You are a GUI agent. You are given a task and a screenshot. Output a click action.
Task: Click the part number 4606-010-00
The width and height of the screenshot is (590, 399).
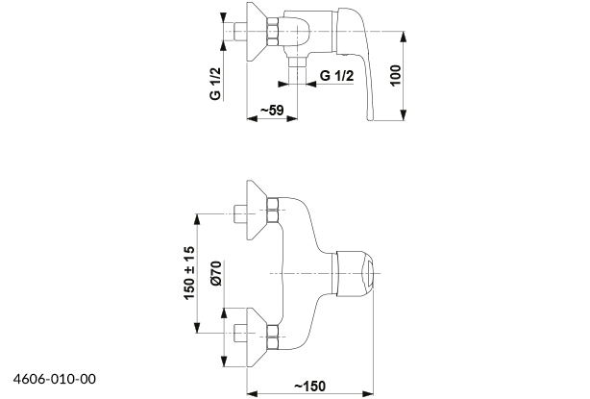click(55, 379)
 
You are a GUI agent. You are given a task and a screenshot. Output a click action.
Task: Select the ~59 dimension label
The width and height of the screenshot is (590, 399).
click(272, 111)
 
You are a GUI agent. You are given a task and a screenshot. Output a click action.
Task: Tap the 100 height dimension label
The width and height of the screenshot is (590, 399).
click(395, 76)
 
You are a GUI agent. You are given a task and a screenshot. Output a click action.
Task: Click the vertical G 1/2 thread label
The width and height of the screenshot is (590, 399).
click(215, 84)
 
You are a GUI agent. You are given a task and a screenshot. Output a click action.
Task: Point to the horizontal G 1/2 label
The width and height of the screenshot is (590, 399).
click(336, 76)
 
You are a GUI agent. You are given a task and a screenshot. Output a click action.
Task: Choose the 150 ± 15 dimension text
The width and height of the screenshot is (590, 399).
click(189, 273)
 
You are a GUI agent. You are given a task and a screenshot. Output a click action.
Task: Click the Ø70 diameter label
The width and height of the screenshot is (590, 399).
click(217, 273)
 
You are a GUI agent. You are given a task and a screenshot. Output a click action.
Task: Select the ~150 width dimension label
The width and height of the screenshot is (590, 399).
click(309, 387)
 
